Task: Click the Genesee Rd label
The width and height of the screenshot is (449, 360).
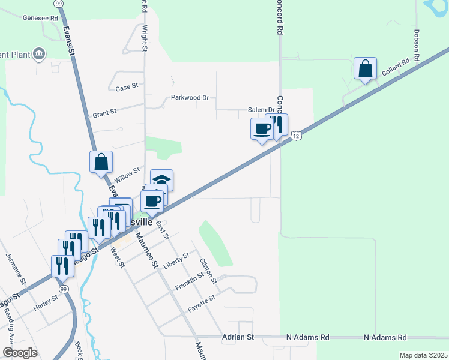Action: pos(40,17)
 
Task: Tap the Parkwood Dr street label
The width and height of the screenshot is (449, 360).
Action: pos(190,97)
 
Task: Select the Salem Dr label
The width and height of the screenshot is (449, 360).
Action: pos(261,110)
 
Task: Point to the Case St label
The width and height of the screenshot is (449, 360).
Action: pos(127,88)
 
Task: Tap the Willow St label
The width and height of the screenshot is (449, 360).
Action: pos(127,174)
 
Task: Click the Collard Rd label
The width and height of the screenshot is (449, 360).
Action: pos(395,66)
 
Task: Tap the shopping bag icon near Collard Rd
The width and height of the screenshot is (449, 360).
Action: pos(365,69)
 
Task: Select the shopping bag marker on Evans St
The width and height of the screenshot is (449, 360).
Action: pos(101,162)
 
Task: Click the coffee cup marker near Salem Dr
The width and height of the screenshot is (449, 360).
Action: pos(262,129)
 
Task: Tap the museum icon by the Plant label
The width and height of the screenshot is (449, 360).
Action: pos(40,55)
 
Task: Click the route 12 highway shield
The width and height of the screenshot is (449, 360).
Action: pos(297,137)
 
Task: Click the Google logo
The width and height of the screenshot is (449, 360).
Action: pos(20,353)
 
